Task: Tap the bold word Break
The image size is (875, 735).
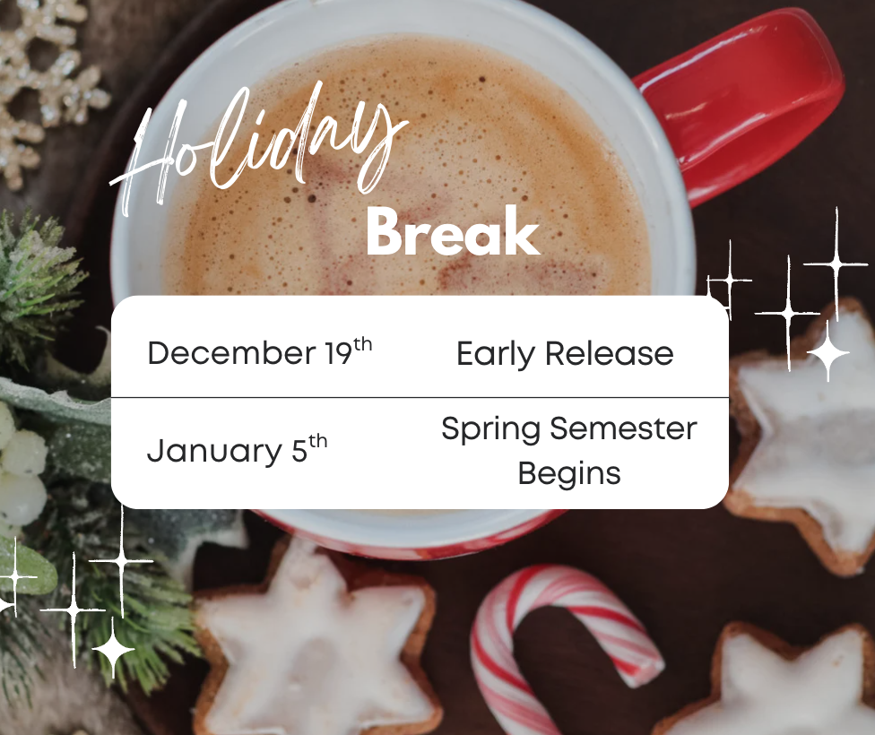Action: click(x=453, y=232)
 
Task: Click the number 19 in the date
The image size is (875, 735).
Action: click(x=339, y=353)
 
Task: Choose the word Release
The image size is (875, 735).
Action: click(x=609, y=353)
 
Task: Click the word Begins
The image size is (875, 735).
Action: click(x=569, y=472)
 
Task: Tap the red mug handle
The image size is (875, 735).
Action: click(x=753, y=99)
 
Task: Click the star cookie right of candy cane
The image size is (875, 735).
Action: click(x=780, y=681)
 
